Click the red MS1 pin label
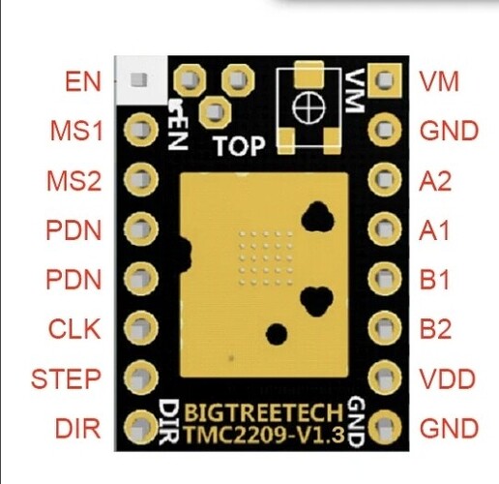(x=76, y=131)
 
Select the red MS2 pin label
(x=74, y=181)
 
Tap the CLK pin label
(x=74, y=329)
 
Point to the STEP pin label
(x=66, y=378)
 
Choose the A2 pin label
(x=435, y=181)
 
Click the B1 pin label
(x=434, y=280)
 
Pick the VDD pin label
(x=449, y=378)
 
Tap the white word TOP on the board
(x=240, y=146)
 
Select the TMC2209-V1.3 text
(x=264, y=435)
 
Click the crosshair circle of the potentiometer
(x=308, y=107)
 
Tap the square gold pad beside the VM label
(x=385, y=79)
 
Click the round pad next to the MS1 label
(x=141, y=130)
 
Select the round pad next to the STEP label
(x=141, y=377)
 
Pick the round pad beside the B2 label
(x=385, y=328)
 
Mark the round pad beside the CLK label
(x=141, y=327)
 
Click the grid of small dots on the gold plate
(x=266, y=258)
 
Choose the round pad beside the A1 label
(x=385, y=228)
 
